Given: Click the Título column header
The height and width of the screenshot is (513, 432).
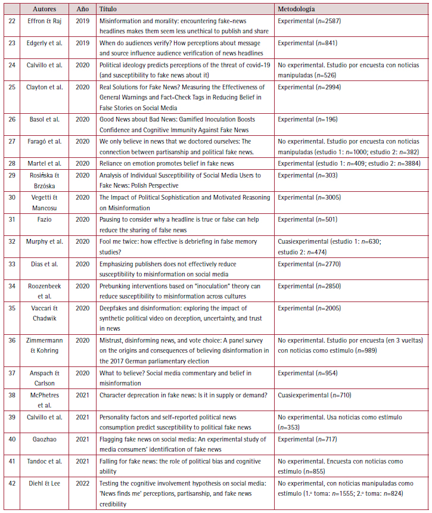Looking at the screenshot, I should coord(108,10).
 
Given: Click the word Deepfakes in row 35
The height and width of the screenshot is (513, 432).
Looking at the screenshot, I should coord(114,308).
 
